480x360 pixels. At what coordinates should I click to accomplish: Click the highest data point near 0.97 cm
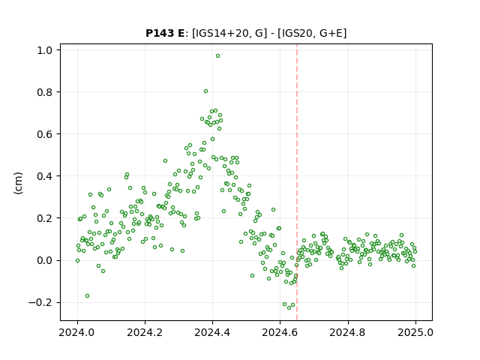(x=217, y=56)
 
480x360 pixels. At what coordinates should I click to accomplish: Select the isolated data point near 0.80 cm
(x=205, y=91)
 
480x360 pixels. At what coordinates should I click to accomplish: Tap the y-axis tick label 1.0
(x=44, y=50)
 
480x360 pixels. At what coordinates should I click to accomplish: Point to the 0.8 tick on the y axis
(x=44, y=92)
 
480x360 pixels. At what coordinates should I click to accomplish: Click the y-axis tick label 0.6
(x=44, y=134)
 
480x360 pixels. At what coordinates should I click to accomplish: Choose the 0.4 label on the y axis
(x=44, y=176)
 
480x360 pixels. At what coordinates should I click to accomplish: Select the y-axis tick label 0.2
(x=44, y=218)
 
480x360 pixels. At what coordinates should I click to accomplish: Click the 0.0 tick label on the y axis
(x=44, y=260)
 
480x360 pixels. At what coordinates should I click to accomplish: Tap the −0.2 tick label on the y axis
(x=40, y=302)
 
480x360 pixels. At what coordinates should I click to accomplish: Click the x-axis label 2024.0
(x=77, y=332)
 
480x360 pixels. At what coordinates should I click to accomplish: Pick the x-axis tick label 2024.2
(x=145, y=332)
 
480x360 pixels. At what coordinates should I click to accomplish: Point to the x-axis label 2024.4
(x=212, y=332)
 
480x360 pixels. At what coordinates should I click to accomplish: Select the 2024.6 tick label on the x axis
(x=280, y=332)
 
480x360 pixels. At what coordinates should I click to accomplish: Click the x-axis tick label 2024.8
(x=348, y=332)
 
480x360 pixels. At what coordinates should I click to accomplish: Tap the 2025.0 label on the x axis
(x=415, y=332)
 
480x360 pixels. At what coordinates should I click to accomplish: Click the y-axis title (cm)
(x=18, y=183)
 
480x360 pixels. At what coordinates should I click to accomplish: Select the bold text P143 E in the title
(x=165, y=33)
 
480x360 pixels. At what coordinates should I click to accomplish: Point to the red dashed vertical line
(x=297, y=182)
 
